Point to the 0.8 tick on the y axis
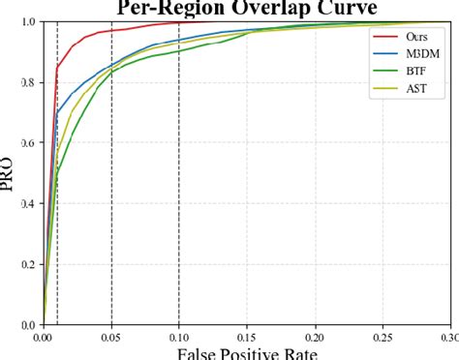tap(30, 82)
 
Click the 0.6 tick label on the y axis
tap(30, 143)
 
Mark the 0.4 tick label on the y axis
tap(30, 204)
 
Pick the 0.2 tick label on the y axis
tap(30, 265)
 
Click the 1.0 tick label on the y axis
tap(30, 21)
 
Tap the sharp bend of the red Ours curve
tap(58, 68)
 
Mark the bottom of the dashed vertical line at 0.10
tap(178, 324)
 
